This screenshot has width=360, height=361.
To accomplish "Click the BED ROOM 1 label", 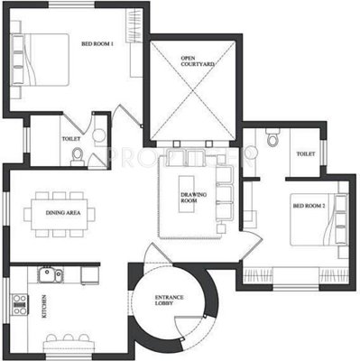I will (97, 43).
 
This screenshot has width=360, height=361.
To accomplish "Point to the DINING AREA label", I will (63, 213).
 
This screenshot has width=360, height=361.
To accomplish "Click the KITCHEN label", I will (42, 306).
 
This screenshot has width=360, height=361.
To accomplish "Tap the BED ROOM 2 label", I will (306, 207).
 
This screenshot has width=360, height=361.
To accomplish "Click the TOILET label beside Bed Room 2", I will (305, 154).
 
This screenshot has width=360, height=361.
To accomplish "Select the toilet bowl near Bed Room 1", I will (78, 157).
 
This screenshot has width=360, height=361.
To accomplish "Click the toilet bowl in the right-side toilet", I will (272, 139).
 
